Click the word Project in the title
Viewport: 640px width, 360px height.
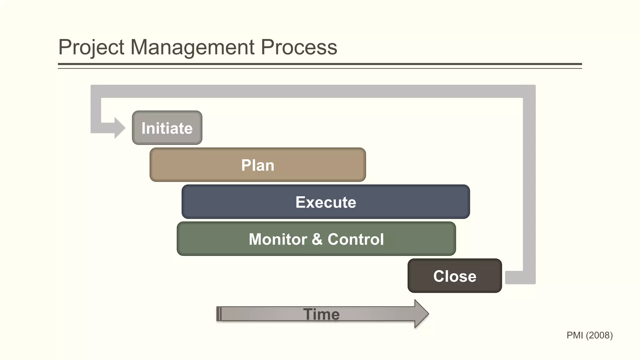(91, 47)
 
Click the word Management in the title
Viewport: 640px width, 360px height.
(192, 47)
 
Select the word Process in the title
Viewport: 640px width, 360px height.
(299, 47)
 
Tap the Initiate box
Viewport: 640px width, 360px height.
(167, 128)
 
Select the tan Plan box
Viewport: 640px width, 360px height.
(257, 165)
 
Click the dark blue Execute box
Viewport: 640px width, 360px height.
(326, 202)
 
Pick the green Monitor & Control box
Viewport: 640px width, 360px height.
(316, 239)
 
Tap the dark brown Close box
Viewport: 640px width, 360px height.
(455, 276)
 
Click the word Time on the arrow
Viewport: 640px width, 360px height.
(321, 314)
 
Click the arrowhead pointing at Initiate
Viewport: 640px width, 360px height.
(119, 128)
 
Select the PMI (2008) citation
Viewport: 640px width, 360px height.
(589, 335)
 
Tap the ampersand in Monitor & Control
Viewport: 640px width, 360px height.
(317, 239)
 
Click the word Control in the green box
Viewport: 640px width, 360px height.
(356, 239)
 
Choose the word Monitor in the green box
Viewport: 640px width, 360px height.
(278, 239)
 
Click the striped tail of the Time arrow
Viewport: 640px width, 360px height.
(219, 314)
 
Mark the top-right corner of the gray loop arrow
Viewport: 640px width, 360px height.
(529, 91)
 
